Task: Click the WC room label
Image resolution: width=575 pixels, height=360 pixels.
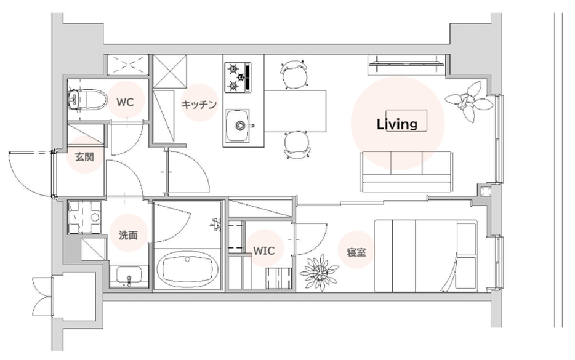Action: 125,102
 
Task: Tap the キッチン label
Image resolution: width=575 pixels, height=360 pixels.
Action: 199,105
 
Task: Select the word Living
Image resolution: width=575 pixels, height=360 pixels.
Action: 397,124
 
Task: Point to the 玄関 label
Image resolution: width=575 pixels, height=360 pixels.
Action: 85,157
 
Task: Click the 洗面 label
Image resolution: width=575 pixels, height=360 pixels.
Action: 128,235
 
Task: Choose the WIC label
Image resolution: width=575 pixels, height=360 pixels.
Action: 264,250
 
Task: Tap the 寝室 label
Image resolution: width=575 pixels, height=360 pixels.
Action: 356,252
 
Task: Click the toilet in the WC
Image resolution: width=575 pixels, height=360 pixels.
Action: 87,99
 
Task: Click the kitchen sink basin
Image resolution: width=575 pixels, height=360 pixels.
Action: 237,126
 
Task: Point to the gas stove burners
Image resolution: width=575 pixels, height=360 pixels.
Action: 238,77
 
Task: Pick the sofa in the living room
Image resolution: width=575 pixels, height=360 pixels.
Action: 406,172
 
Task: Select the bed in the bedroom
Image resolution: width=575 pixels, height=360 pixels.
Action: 426,255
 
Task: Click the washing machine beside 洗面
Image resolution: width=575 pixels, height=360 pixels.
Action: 85,217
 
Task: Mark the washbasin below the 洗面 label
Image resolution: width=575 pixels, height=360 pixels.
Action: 129,276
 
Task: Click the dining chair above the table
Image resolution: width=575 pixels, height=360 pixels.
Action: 294,74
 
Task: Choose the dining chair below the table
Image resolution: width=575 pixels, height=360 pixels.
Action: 297,145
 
